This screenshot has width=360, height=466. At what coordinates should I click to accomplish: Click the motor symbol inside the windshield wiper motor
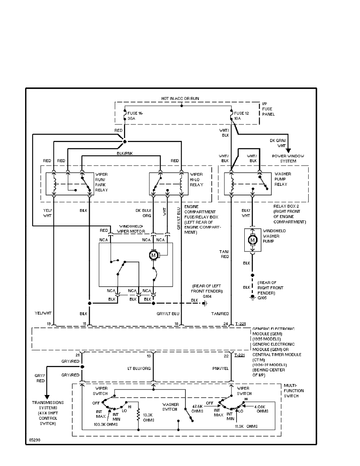[x=153, y=255]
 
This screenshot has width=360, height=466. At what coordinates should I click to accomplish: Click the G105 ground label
[x=262, y=298]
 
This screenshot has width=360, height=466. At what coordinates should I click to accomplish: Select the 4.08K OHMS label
[x=262, y=409]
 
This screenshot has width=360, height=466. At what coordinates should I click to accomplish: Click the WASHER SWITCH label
[x=171, y=407]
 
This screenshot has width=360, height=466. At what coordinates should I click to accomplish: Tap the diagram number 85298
[x=34, y=440]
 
